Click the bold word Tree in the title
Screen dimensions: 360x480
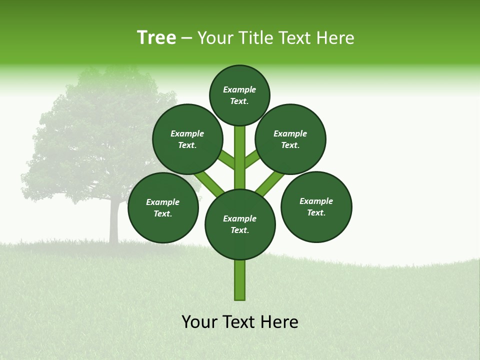pyautogui.click(x=156, y=37)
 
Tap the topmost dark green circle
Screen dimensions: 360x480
pyautogui.click(x=239, y=95)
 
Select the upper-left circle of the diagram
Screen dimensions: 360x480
pyautogui.click(x=187, y=139)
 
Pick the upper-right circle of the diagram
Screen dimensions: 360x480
pyautogui.click(x=290, y=139)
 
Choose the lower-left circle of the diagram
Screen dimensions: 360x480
pyautogui.click(x=163, y=207)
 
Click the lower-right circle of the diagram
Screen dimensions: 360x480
pyautogui.click(x=316, y=206)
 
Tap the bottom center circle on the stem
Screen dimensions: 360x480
pyautogui.click(x=240, y=224)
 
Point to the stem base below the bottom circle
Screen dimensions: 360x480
pyautogui.click(x=240, y=280)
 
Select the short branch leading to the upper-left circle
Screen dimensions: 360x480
pyautogui.click(x=226, y=159)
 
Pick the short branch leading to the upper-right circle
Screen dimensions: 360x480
pyautogui.click(x=252, y=158)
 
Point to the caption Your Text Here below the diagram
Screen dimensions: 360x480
pyautogui.click(x=240, y=322)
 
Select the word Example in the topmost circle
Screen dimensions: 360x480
pyautogui.click(x=239, y=89)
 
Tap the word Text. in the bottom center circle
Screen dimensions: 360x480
pyautogui.click(x=239, y=230)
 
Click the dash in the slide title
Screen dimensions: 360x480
pyautogui.click(x=186, y=38)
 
